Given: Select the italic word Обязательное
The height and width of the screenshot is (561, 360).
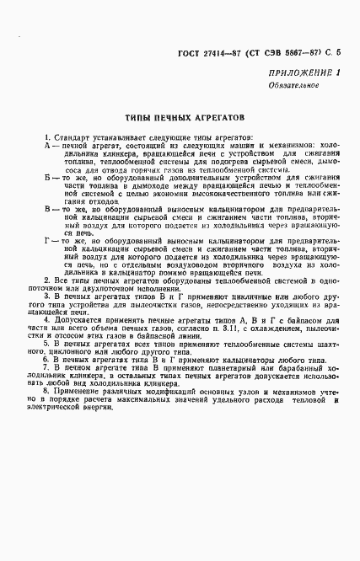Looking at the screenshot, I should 292,90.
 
